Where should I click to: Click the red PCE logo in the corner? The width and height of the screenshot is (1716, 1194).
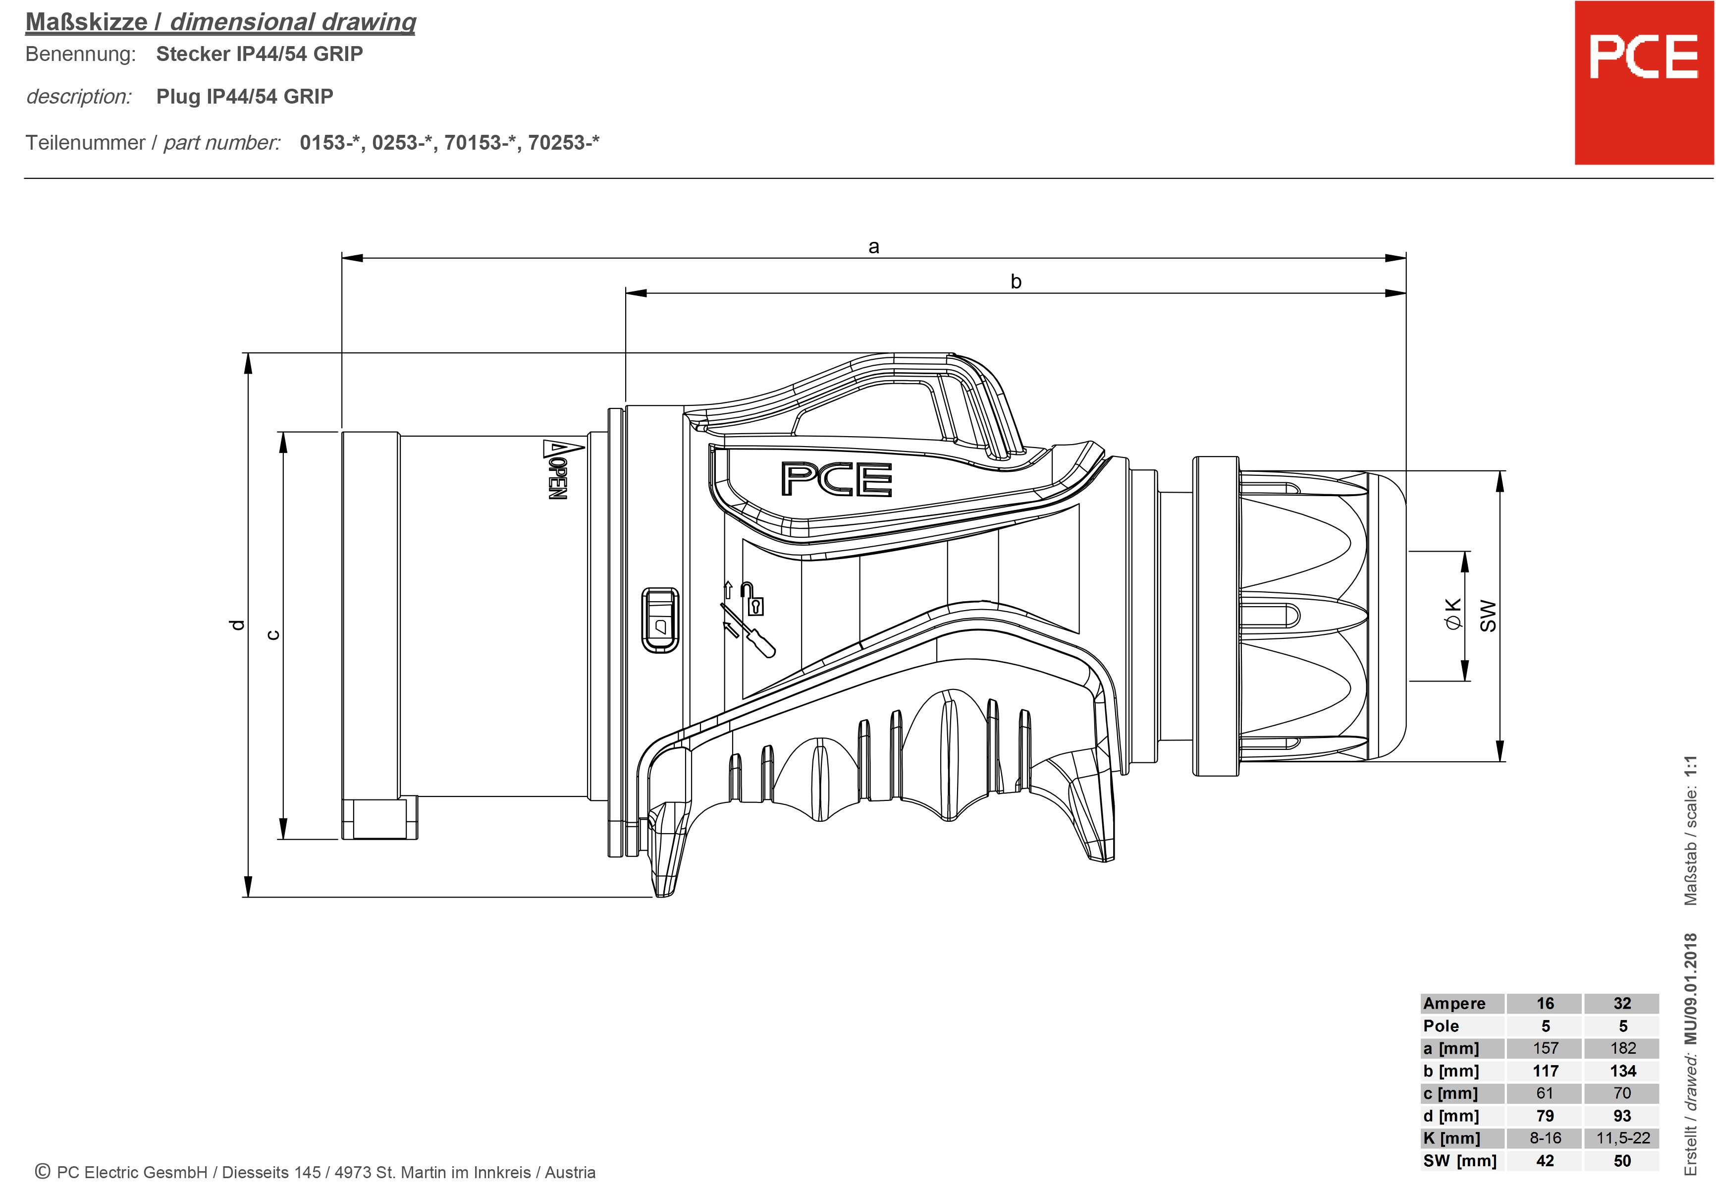coord(1644,82)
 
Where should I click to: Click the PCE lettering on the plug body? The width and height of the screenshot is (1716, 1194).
coord(836,479)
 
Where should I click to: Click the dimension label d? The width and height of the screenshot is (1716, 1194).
coord(236,625)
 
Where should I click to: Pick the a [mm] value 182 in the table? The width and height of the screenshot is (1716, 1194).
coord(1622,1048)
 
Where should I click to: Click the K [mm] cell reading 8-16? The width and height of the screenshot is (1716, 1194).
coord(1545,1138)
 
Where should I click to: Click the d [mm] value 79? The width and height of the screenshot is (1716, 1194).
coord(1545,1116)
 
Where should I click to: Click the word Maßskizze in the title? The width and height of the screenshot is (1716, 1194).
coord(87,22)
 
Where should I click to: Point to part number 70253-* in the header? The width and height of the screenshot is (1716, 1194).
coord(564,142)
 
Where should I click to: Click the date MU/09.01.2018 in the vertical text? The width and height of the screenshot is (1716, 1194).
coord(1691,988)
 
